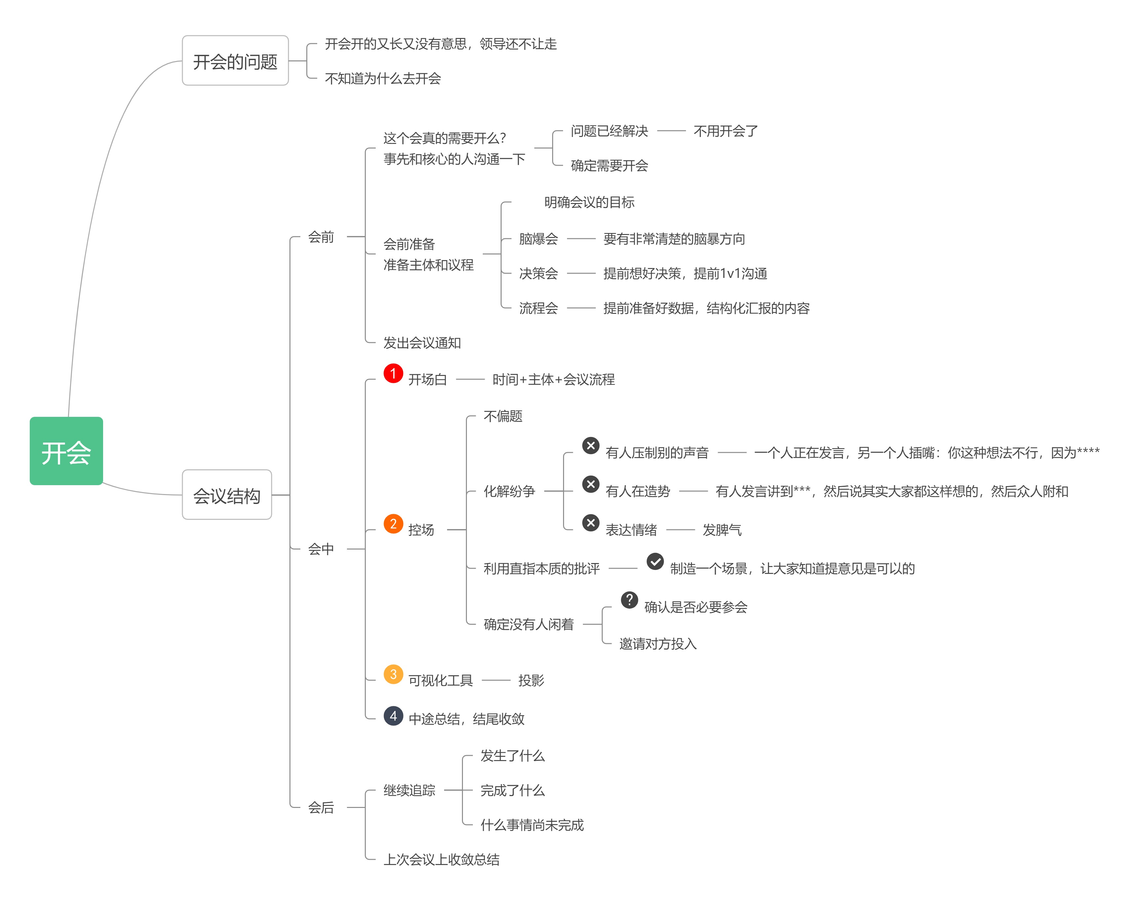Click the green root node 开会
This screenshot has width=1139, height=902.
coord(66,451)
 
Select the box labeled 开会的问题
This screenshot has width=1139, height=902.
coord(235,61)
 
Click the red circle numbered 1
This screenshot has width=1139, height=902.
coord(393,373)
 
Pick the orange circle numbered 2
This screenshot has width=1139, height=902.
coord(393,523)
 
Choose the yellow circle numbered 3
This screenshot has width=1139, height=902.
coord(393,674)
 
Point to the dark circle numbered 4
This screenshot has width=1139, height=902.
coord(393,716)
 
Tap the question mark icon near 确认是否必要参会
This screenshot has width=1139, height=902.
coord(629,600)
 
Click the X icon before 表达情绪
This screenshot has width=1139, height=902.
coord(590,522)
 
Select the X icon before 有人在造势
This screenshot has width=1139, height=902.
coord(590,484)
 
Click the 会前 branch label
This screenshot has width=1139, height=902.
coord(321,237)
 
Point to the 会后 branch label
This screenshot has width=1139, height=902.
coord(321,807)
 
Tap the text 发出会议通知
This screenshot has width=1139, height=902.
coord(422,343)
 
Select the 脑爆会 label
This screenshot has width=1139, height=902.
coord(538,239)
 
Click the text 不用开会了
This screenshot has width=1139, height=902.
coord(725,131)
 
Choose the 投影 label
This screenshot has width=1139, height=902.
coord(531,680)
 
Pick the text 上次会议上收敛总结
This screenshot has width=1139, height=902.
coord(441,859)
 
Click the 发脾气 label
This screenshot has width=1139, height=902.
coord(722,530)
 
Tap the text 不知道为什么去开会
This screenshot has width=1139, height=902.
coord(383,79)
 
